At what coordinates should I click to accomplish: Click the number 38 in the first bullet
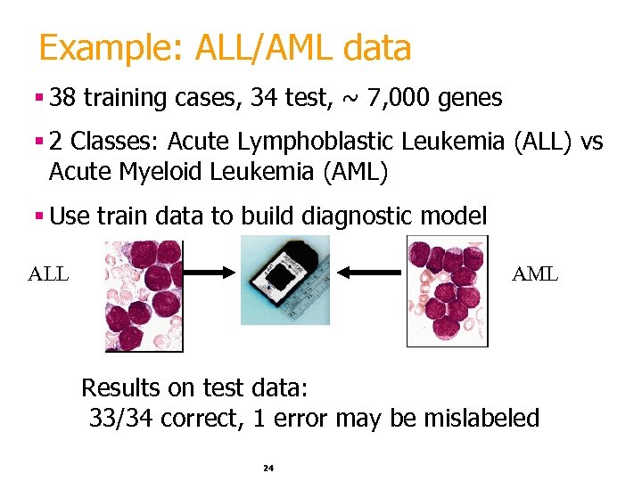tap(63, 98)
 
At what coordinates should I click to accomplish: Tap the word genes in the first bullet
tap(470, 99)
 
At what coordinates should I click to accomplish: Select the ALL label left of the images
tap(48, 274)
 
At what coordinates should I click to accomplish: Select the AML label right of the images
tap(535, 274)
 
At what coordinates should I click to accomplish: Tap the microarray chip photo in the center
tap(285, 280)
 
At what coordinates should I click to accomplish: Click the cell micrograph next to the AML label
tap(447, 290)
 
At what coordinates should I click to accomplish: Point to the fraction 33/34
tap(123, 418)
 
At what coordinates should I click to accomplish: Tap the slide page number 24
tap(268, 468)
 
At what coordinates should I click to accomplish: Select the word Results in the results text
tap(120, 388)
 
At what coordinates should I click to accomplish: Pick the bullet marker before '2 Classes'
tap(41, 142)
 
